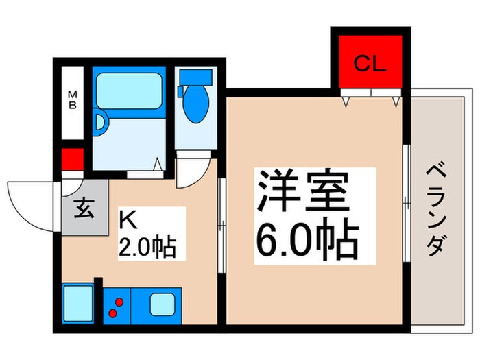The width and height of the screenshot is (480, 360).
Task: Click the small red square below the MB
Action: pyautogui.click(x=72, y=160)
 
